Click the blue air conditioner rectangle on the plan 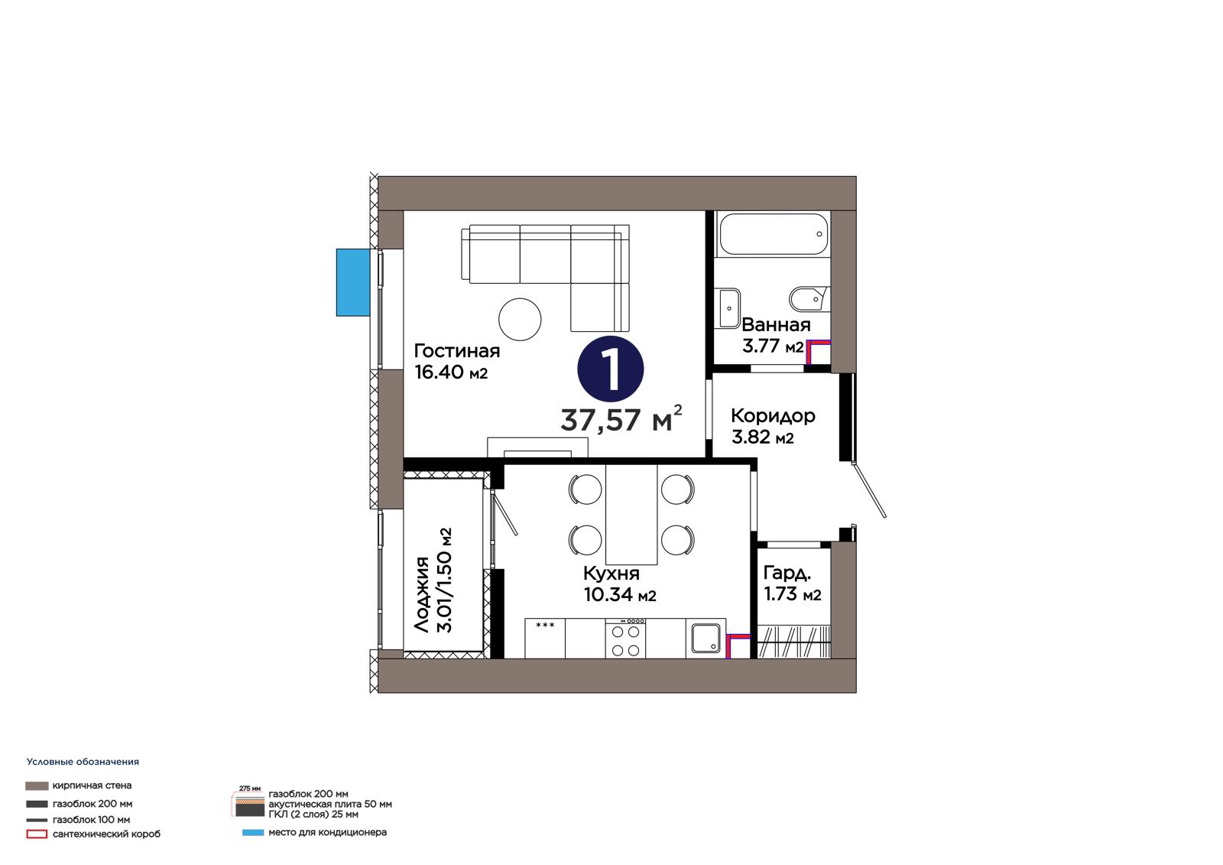point(353,282)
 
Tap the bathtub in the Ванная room point(774,234)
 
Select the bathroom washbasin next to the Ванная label point(729,308)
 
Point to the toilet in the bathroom point(809,299)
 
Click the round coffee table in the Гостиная point(520,320)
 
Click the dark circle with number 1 point(611,369)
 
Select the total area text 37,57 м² point(621,419)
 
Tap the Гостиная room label point(457,351)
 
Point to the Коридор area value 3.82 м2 point(763,437)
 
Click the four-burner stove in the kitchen point(625,638)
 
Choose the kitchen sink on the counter point(706,638)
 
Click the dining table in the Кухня point(631,514)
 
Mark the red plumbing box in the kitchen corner point(738,646)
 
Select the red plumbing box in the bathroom point(818,353)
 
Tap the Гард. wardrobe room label point(787,573)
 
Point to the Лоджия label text point(421,594)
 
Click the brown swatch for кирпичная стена point(37,785)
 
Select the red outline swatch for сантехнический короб point(37,834)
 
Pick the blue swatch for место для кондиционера point(253,833)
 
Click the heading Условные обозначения point(83,762)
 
